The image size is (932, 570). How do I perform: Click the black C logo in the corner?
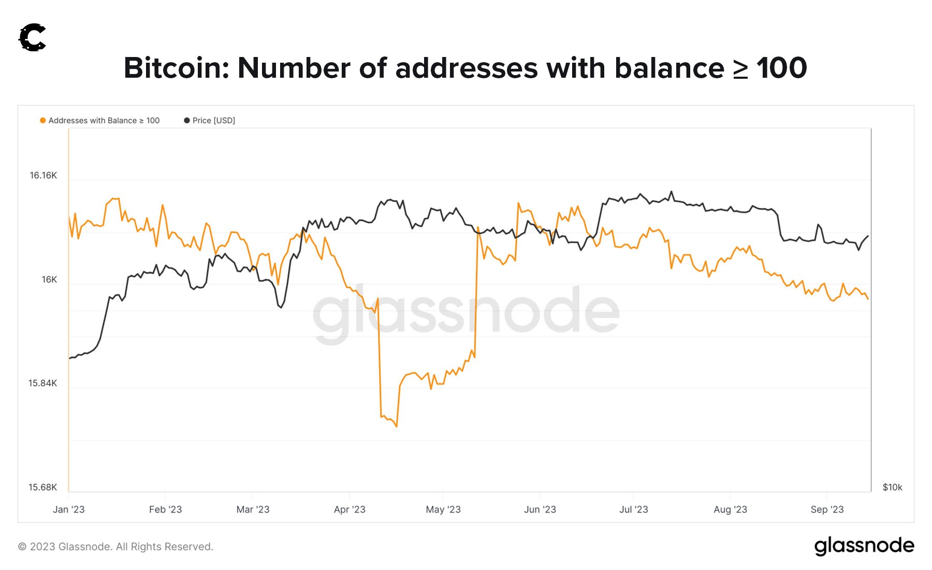33,38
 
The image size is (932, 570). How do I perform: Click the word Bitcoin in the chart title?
176,68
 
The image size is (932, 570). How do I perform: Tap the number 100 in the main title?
781,68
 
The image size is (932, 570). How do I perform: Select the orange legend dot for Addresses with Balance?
42,120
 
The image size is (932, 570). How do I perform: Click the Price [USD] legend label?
213,120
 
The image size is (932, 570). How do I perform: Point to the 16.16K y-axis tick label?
43,176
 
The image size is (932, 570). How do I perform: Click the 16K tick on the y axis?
49,280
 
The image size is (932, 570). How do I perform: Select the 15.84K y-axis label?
43,383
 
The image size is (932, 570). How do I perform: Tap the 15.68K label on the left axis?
43,488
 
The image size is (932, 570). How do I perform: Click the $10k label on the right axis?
892,488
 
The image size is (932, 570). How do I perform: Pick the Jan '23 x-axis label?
68,510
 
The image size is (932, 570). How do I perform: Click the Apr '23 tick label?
349,510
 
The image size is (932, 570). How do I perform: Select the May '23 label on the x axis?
443,510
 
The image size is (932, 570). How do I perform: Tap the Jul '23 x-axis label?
634,510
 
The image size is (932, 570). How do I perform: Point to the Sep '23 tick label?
827,510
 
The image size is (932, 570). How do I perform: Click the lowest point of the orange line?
397,426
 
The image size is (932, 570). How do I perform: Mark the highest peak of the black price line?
672,191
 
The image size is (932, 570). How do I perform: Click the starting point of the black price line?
69,358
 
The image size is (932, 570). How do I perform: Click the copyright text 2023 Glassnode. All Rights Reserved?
115,547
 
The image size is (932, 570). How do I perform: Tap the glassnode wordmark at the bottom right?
864,546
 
